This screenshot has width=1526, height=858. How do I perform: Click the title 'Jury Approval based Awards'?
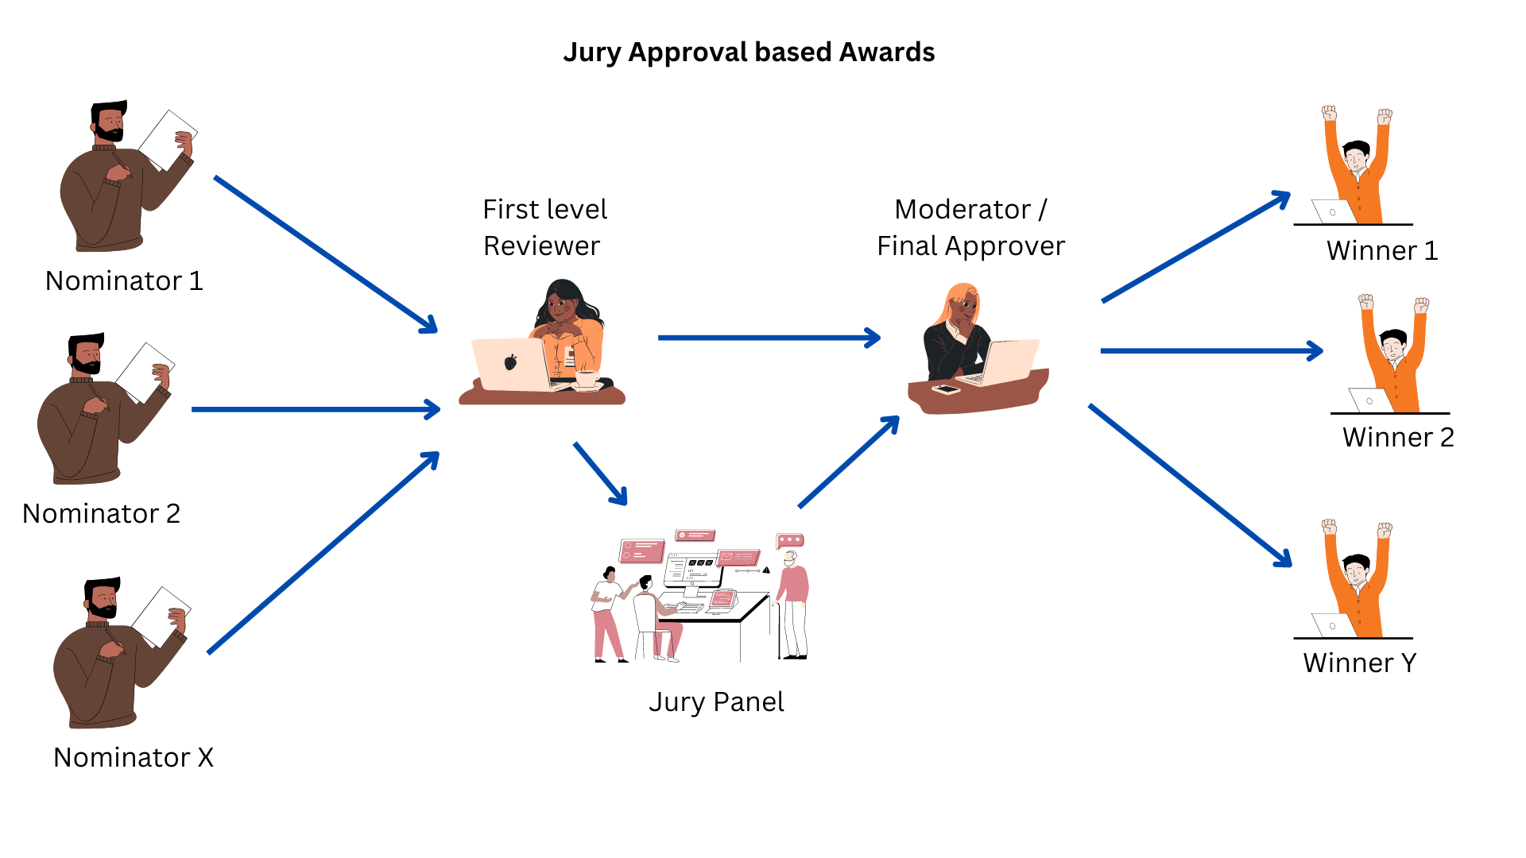pyautogui.click(x=749, y=52)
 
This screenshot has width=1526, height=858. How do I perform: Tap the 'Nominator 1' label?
pyautogui.click(x=124, y=281)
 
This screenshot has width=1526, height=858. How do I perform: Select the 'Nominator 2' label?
pyautogui.click(x=101, y=514)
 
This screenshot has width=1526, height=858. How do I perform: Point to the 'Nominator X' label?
pyautogui.click(x=133, y=758)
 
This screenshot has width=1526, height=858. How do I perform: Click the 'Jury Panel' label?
pyautogui.click(x=716, y=702)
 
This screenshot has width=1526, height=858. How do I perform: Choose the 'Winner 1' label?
pyautogui.click(x=1382, y=251)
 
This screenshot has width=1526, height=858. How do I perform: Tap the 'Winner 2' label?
pyautogui.click(x=1398, y=438)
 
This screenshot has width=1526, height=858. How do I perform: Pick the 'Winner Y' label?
pyautogui.click(x=1359, y=663)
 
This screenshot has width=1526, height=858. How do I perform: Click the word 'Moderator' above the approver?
pyautogui.click(x=962, y=210)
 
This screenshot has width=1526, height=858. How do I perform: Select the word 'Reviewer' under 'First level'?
pyautogui.click(x=541, y=246)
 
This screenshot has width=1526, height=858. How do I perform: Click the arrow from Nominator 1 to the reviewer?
pyautogui.click(x=326, y=254)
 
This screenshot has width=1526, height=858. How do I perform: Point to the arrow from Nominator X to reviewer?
pyautogui.click(x=323, y=553)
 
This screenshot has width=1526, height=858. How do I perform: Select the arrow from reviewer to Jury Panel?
pyautogui.click(x=600, y=473)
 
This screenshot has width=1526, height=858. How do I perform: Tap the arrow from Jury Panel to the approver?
pyautogui.click(x=849, y=462)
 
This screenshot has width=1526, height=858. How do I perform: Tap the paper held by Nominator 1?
pyautogui.click(x=166, y=139)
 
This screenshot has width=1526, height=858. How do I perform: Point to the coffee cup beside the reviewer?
pyautogui.click(x=587, y=380)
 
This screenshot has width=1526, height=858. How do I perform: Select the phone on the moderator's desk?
pyautogui.click(x=946, y=389)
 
